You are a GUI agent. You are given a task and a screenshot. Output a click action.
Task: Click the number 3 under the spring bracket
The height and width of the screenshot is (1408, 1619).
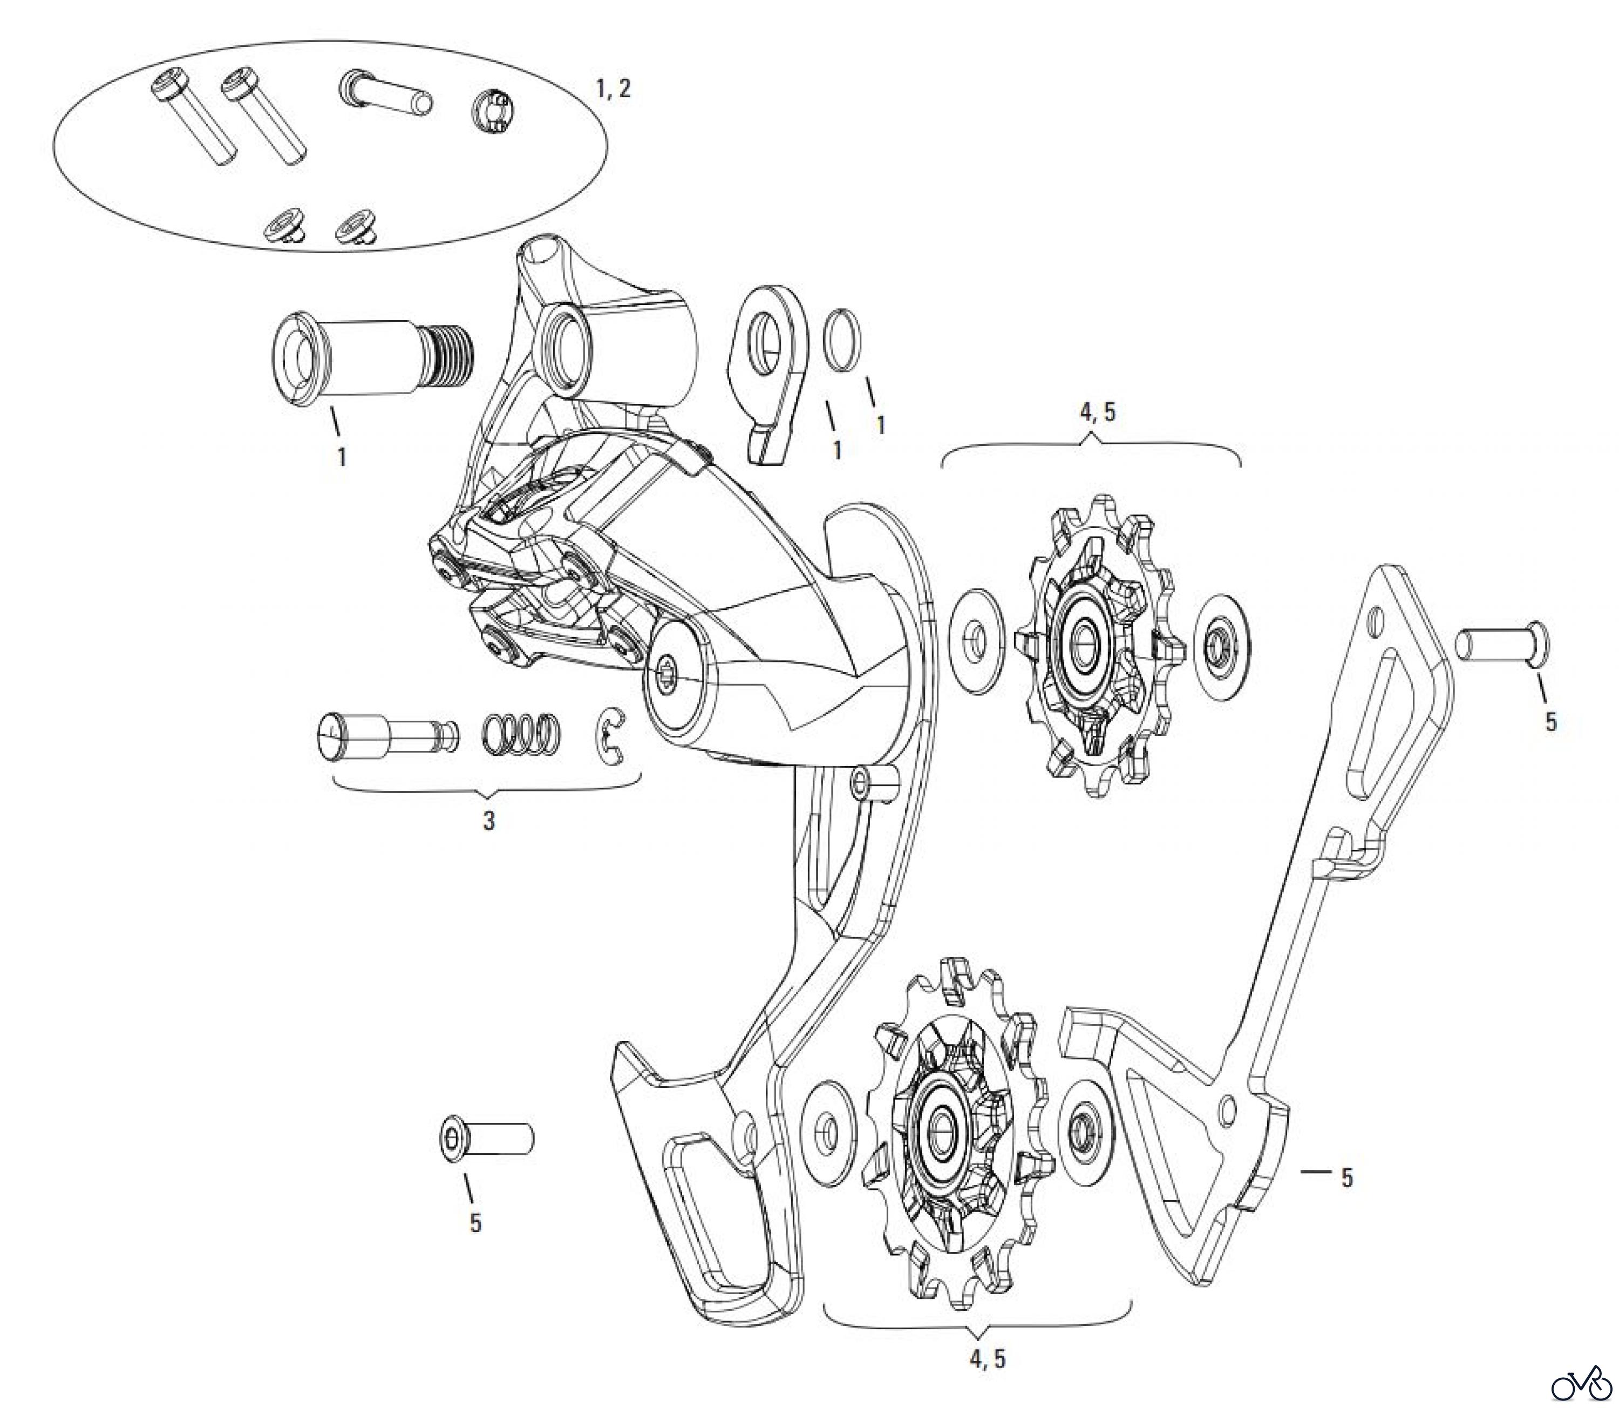click(x=488, y=821)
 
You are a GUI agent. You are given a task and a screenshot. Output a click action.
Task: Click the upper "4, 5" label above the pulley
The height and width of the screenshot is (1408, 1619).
click(x=1097, y=412)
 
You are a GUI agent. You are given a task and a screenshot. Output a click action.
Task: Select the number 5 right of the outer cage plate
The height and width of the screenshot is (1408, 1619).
click(x=1347, y=1178)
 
